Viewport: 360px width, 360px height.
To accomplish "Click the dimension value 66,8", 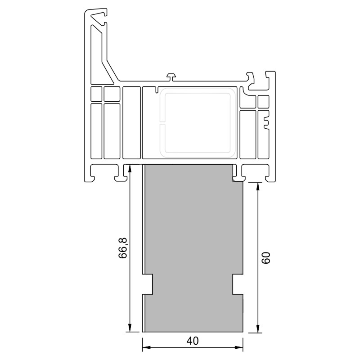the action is tap(123, 248).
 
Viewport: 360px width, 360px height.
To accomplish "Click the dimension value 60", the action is tap(266, 257).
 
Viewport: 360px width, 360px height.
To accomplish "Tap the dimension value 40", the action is tap(193, 341).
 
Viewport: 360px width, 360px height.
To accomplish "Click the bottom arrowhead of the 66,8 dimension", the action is tap(130, 328).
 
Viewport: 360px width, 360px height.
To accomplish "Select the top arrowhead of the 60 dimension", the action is tap(257, 186).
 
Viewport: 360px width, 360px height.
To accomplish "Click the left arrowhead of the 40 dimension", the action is tap(147, 347).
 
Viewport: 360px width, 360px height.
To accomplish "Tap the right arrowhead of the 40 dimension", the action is tap(239, 347).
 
